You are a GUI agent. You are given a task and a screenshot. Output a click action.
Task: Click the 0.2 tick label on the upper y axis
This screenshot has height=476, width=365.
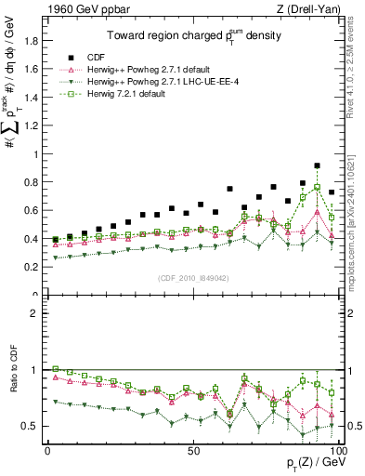[x=30, y=267]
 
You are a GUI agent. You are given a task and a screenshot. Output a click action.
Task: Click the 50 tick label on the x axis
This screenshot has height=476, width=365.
[x=193, y=451]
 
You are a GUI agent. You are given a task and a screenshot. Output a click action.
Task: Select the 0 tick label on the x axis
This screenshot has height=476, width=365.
[x=47, y=451]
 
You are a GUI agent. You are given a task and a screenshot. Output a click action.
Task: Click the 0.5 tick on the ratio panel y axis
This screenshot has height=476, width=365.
[x=30, y=426]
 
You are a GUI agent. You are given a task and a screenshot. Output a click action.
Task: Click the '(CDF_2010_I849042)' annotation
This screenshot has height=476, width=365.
[x=192, y=277]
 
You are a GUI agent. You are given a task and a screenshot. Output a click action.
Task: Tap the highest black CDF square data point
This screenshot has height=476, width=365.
[x=318, y=165]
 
